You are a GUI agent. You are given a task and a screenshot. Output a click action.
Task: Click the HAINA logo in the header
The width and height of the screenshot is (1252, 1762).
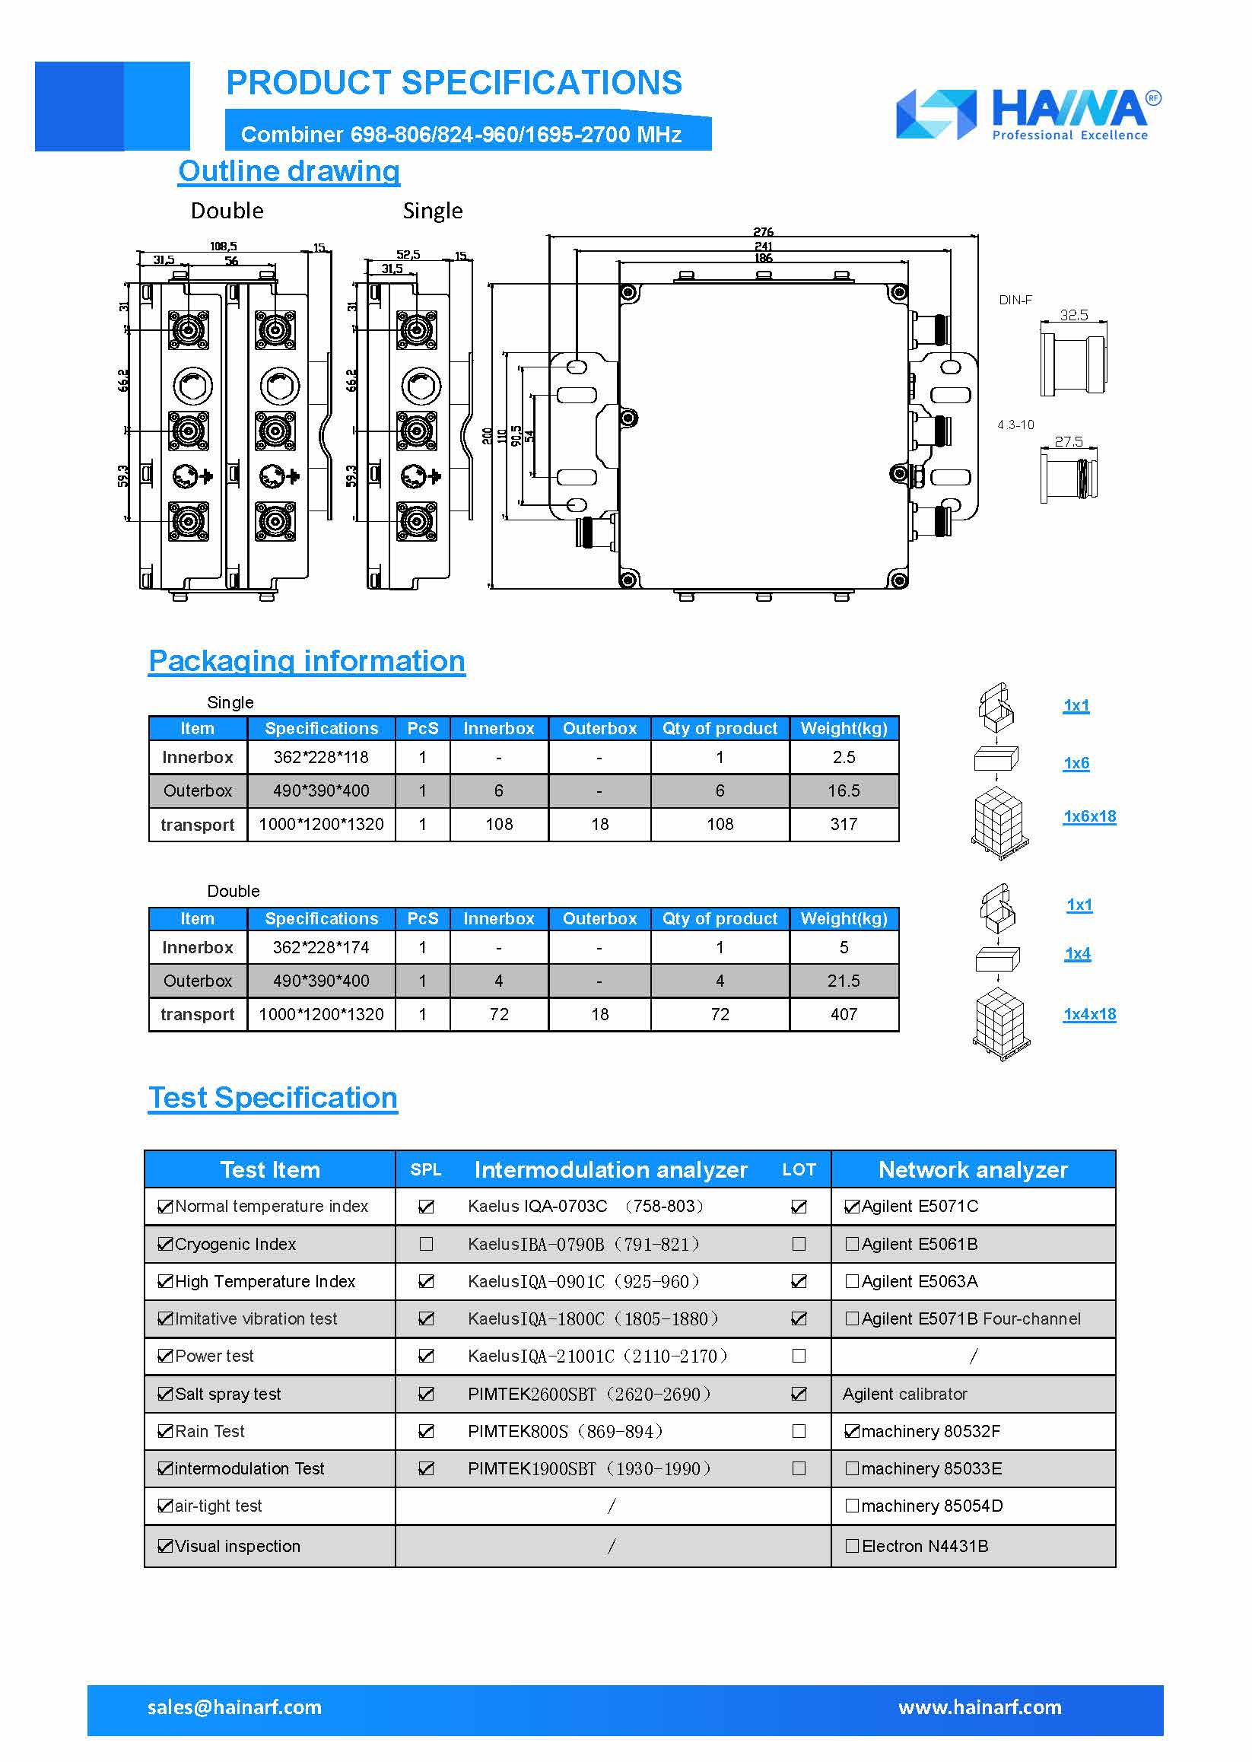[x=1028, y=114]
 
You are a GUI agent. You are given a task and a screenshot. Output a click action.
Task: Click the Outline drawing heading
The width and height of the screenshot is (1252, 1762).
[x=288, y=171]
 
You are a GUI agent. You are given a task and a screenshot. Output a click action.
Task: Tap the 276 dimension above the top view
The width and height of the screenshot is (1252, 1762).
[x=762, y=232]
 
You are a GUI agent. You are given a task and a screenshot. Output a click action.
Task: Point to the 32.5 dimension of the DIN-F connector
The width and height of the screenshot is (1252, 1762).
[x=1073, y=315]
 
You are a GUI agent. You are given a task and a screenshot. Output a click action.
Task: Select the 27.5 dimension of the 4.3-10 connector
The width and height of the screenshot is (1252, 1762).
[x=1068, y=441]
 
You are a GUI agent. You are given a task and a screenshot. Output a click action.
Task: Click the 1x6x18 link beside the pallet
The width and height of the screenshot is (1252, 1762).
[x=1088, y=816]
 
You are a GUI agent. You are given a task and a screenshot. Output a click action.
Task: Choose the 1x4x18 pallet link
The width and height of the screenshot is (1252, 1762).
[x=1088, y=1014]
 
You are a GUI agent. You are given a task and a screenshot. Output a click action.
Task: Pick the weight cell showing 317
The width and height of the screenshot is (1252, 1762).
[x=844, y=825]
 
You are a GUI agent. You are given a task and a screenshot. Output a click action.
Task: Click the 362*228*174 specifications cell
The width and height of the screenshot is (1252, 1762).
[x=321, y=947]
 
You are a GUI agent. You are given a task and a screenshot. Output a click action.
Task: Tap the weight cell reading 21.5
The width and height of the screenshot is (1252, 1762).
[x=844, y=981]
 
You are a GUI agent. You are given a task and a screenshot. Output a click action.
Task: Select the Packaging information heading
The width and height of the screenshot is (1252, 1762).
[x=307, y=661]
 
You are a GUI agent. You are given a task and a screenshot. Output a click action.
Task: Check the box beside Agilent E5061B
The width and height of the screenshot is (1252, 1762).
[x=852, y=1244]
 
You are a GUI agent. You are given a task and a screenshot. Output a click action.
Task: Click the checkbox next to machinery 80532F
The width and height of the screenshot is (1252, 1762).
[x=852, y=1431]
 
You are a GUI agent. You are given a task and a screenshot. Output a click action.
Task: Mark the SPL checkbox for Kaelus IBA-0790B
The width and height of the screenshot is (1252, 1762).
[x=425, y=1244]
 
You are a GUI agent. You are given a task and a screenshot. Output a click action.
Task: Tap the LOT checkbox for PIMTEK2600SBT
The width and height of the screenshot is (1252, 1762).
[x=799, y=1395]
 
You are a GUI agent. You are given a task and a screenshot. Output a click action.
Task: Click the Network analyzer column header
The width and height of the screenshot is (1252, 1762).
[x=973, y=1170]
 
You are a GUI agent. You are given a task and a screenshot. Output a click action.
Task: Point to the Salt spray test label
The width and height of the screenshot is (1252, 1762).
[x=227, y=1395]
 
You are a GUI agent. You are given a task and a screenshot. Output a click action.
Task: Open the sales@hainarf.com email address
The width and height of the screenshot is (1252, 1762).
[x=234, y=1707]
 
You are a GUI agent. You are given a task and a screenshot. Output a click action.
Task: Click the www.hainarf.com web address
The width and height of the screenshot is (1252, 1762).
[x=979, y=1707]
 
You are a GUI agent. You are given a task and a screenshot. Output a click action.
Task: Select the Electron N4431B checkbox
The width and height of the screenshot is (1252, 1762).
[x=852, y=1546]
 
